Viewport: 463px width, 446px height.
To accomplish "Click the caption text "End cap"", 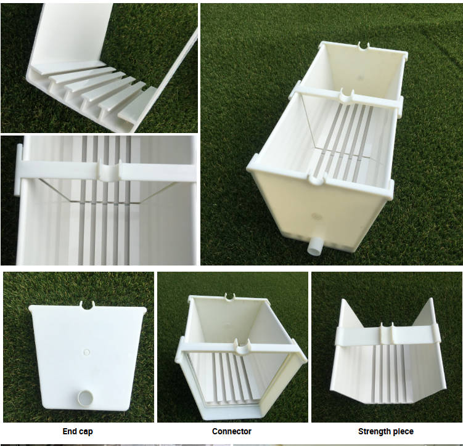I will click(78, 431).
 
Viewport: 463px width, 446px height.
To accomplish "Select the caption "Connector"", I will click(232, 431).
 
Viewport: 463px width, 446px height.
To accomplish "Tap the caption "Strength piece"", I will click(385, 431).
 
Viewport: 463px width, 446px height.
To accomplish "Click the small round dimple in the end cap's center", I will click(86, 352).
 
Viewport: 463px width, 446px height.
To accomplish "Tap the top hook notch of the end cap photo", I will click(87, 304).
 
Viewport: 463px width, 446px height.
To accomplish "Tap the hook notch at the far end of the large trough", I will click(364, 46).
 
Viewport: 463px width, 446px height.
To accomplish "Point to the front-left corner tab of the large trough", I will click(253, 165).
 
